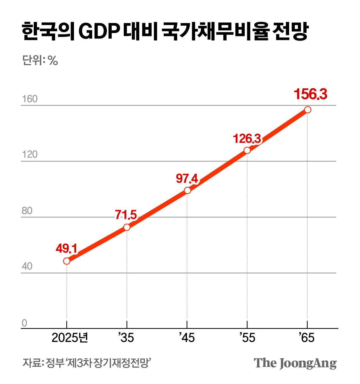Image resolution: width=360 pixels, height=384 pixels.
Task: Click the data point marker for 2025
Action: (x=67, y=261)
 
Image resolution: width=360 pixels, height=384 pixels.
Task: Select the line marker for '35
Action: (x=127, y=227)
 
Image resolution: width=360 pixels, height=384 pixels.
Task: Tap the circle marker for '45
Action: (x=187, y=190)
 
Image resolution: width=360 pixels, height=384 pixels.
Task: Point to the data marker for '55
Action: (x=247, y=150)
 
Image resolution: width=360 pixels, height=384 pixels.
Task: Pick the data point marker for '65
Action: (x=308, y=110)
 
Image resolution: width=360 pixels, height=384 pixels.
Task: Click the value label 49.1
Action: (x=66, y=249)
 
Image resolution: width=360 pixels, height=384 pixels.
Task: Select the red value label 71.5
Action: (x=126, y=215)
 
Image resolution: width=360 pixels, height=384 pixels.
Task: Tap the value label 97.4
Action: (x=187, y=179)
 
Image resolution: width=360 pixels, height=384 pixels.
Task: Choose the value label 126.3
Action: (x=247, y=139)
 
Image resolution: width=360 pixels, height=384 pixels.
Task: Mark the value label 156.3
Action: (x=310, y=94)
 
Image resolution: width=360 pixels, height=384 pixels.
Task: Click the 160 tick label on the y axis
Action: (x=30, y=99)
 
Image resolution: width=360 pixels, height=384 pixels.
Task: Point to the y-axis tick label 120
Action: (x=30, y=154)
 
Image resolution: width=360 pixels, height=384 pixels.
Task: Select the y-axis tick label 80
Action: (x=27, y=211)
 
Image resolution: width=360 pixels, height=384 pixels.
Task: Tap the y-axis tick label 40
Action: (x=27, y=266)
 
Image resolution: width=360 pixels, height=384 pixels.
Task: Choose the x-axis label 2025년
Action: (x=70, y=338)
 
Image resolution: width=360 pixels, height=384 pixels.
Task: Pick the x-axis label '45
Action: (x=187, y=338)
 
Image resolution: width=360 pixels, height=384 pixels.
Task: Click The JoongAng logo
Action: (x=295, y=363)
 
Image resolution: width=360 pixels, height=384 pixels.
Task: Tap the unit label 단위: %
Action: (x=40, y=60)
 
